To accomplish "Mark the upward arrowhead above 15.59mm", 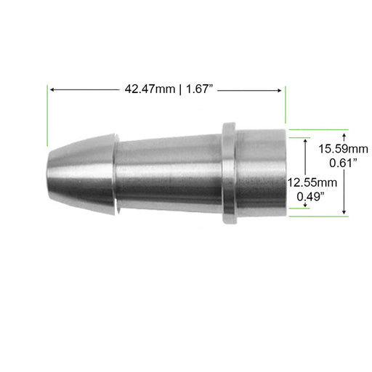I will (344, 134).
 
